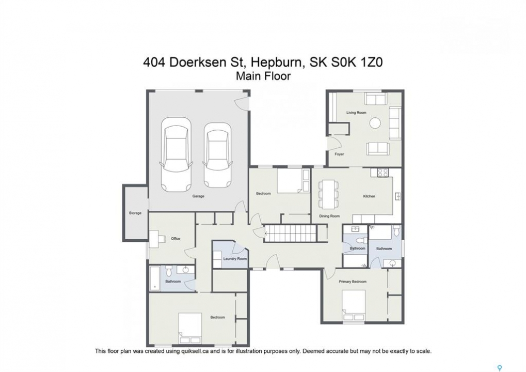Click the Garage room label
(198, 196)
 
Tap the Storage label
(135, 213)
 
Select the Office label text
(176, 239)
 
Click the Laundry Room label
(235, 259)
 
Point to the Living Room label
(356, 113)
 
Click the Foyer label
(339, 154)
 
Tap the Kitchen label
(369, 196)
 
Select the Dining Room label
(329, 216)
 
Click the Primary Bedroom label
(353, 282)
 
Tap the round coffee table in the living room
(375, 123)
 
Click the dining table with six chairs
(328, 194)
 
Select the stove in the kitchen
(383, 173)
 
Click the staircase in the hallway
(291, 233)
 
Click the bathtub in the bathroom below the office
(155, 278)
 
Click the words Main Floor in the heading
(263, 76)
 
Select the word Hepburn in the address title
(278, 63)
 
